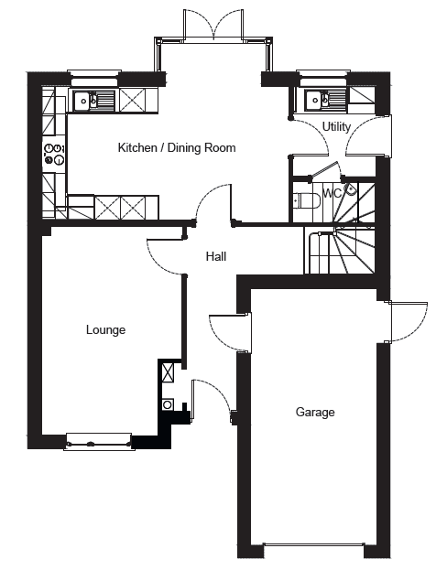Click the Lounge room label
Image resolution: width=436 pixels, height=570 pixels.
(x=105, y=329)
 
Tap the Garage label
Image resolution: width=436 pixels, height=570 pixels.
(x=315, y=412)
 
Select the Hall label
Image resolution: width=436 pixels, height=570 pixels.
(x=216, y=256)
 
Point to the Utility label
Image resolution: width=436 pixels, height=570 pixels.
(x=336, y=126)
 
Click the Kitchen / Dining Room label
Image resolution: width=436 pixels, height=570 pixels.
(x=177, y=147)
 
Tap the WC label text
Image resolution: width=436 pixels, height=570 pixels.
(x=332, y=194)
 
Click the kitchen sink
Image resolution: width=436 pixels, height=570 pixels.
(x=94, y=101)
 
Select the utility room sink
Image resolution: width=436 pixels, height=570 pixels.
(x=322, y=99)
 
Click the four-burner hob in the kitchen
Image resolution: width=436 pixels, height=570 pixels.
(x=54, y=154)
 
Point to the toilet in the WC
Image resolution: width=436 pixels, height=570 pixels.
(x=307, y=200)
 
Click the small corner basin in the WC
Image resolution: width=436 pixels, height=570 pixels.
(x=350, y=189)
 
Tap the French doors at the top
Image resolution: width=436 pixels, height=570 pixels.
(x=214, y=24)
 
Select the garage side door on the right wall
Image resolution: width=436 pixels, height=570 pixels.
(x=407, y=322)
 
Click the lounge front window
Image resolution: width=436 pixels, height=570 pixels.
(x=99, y=441)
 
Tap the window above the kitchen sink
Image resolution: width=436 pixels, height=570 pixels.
(x=95, y=74)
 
